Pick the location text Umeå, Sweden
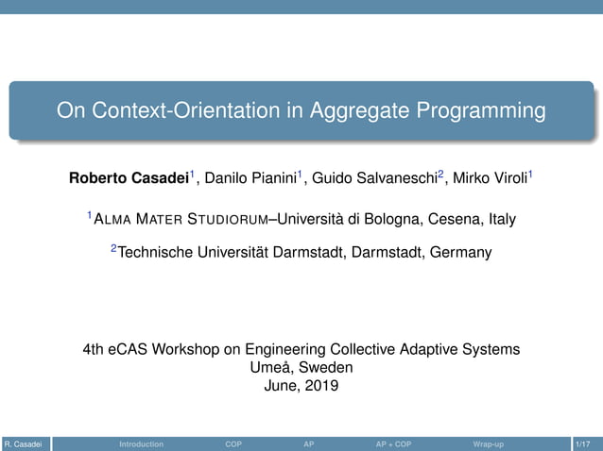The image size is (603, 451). (x=301, y=368)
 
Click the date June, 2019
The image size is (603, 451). (x=301, y=385)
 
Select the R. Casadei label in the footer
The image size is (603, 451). (x=22, y=443)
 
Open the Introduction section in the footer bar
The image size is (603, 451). (x=141, y=443)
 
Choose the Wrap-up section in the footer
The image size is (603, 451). (x=488, y=443)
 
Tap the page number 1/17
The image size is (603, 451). (x=584, y=443)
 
